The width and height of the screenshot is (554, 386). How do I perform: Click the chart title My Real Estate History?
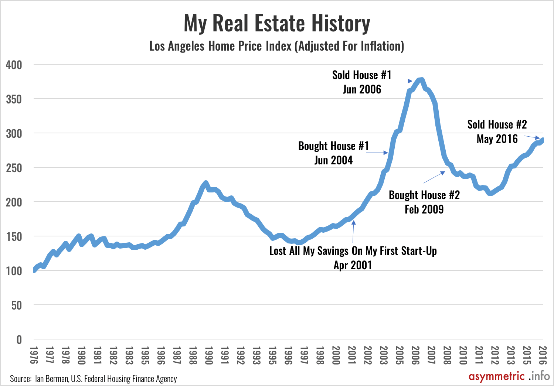(277, 23)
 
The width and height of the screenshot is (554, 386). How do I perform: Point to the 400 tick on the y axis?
(14, 65)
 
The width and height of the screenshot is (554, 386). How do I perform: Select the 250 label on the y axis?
(14, 168)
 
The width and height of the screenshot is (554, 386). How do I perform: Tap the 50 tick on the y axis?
(17, 305)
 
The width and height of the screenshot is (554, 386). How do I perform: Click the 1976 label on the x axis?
(34, 355)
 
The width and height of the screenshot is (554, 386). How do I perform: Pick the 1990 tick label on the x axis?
(208, 355)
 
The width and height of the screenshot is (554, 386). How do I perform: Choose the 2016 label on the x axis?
(543, 355)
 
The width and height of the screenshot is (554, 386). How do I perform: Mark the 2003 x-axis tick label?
(384, 355)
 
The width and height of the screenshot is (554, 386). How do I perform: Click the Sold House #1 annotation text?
(361, 75)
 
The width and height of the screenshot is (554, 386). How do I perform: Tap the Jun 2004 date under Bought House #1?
(333, 160)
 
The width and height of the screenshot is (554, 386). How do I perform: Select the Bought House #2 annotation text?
(424, 195)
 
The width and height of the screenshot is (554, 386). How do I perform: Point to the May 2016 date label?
(497, 139)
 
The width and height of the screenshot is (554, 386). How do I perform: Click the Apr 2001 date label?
(353, 265)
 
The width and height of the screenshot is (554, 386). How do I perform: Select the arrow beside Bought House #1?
(377, 153)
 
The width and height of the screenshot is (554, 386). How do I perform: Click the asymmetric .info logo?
(509, 376)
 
